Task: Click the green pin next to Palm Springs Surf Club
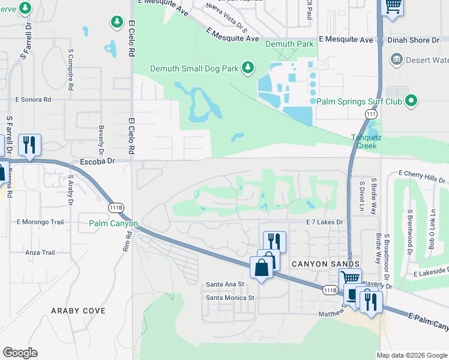[411, 101]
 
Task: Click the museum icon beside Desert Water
[396, 59]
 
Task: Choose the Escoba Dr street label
[97, 162]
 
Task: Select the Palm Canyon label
[113, 224]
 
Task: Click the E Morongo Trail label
[40, 222]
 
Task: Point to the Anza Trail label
[40, 253]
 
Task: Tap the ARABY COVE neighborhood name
[78, 311]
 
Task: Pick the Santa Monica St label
[231, 297]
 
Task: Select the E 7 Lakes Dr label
[324, 222]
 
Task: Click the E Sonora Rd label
[34, 100]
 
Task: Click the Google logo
[20, 353]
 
